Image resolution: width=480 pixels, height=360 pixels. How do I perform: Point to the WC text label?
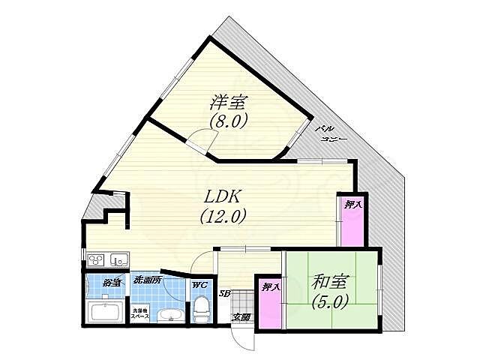pos(199,284)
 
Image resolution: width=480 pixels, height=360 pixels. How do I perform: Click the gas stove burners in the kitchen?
pos(97,260)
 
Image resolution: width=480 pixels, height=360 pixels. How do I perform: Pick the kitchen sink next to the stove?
pos(118,260)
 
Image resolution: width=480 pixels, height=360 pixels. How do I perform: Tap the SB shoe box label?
pos(223,292)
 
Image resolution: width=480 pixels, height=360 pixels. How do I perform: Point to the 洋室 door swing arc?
pos(199,138)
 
